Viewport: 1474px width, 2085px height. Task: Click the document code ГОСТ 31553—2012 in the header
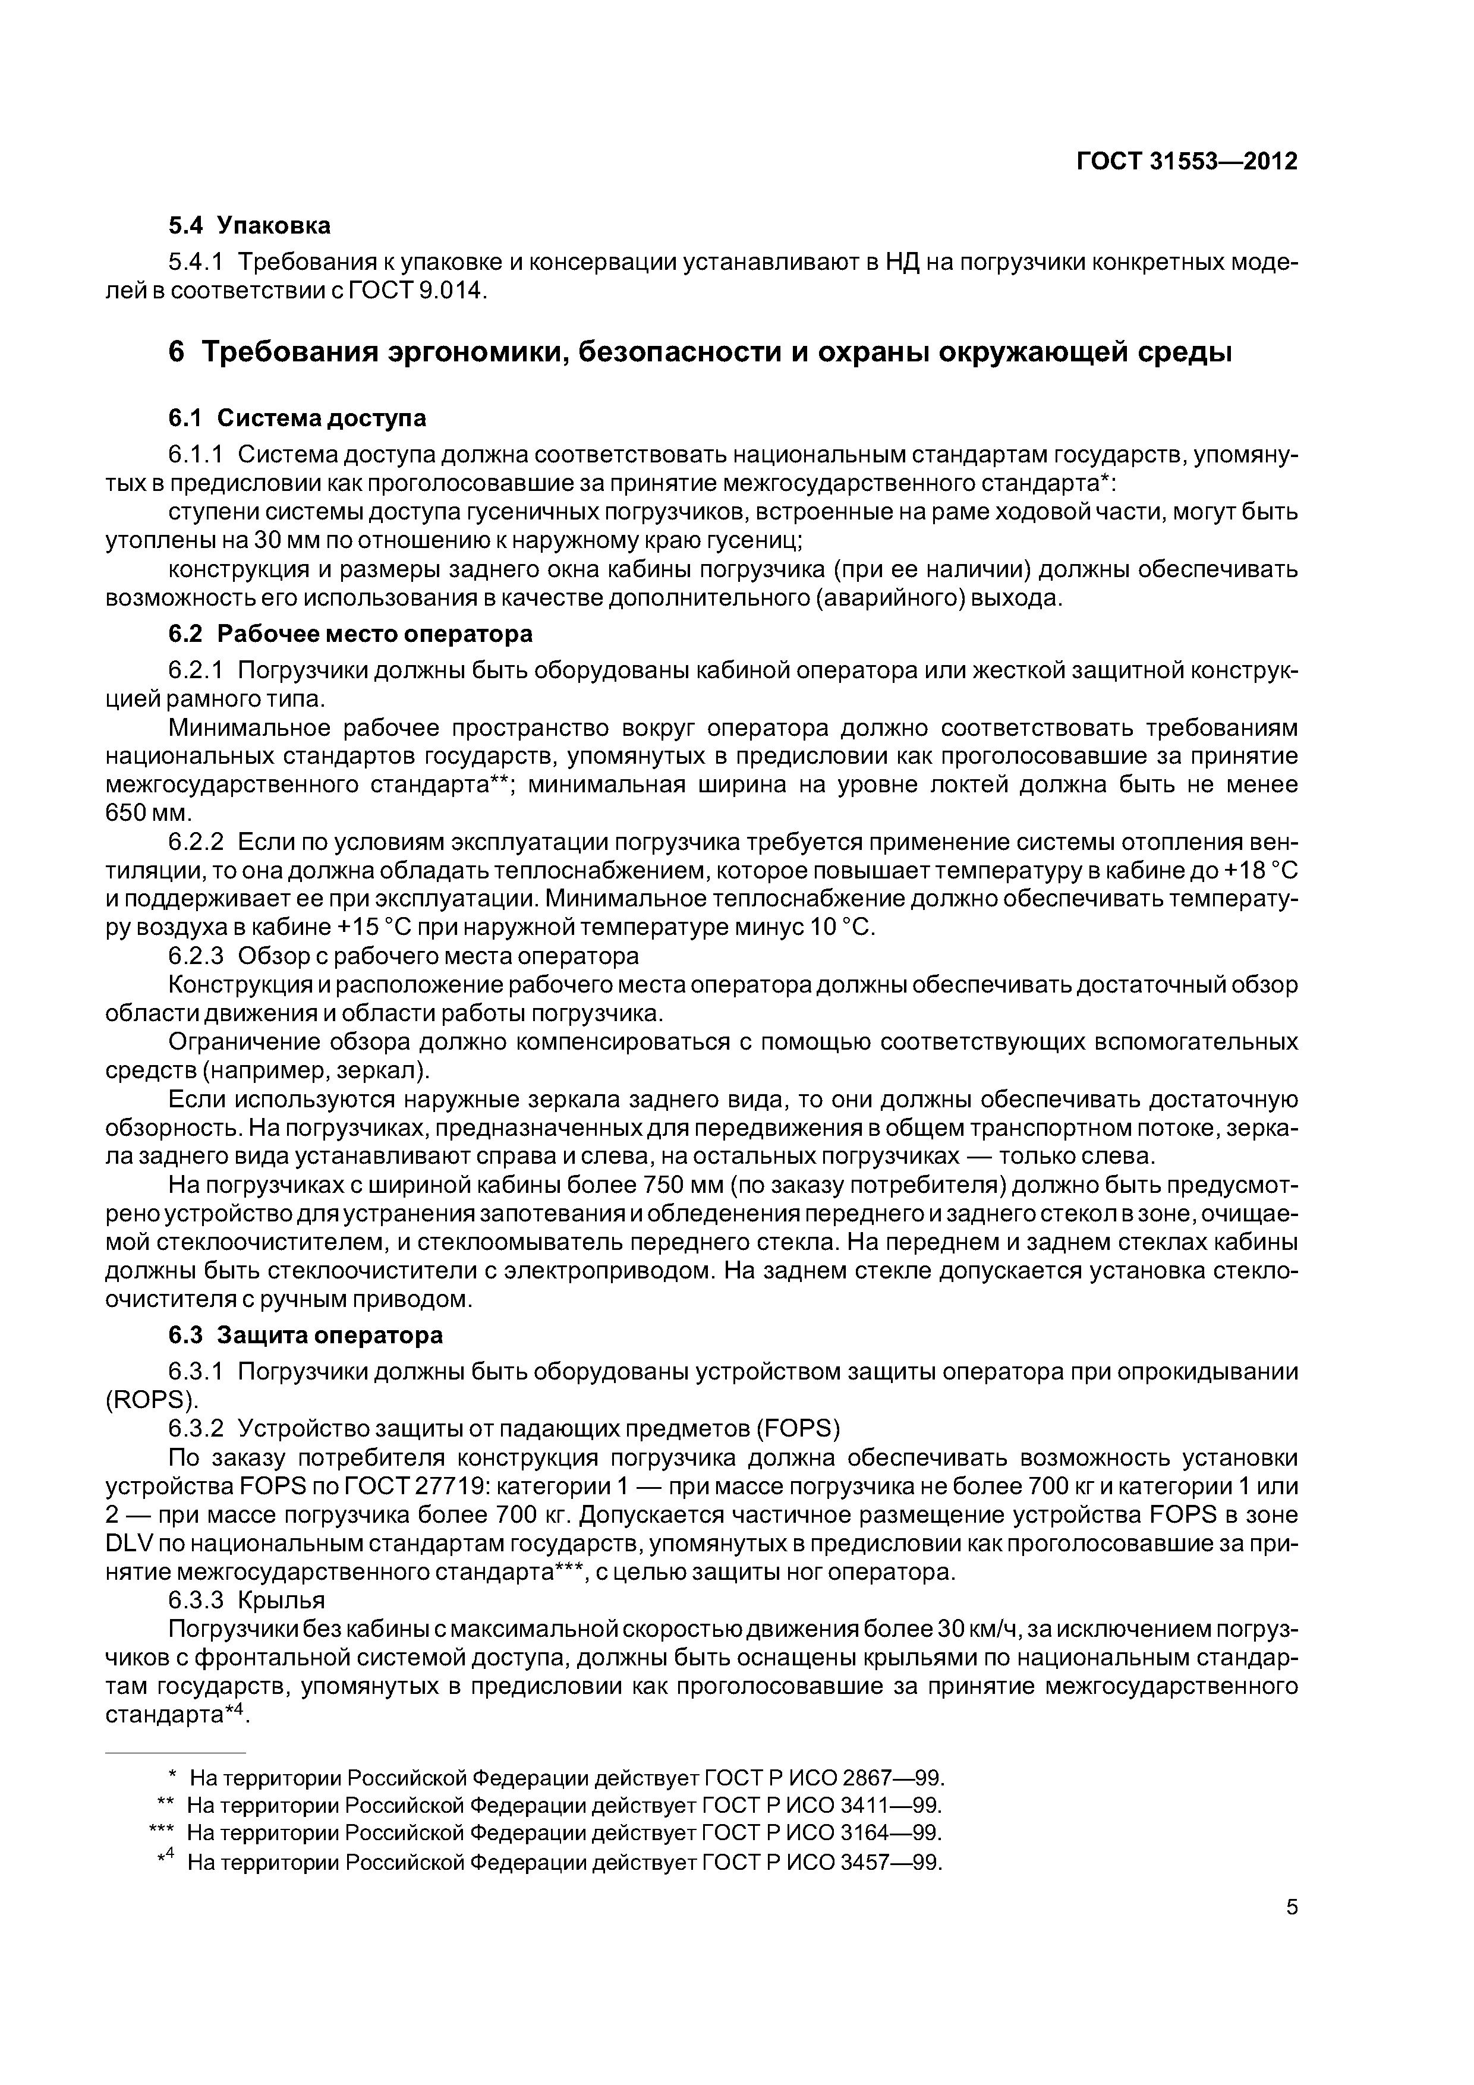[1186, 162]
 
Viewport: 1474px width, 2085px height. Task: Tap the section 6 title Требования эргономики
[700, 351]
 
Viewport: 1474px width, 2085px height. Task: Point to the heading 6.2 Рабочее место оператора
[349, 633]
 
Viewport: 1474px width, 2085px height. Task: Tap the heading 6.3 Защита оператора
[306, 1335]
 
